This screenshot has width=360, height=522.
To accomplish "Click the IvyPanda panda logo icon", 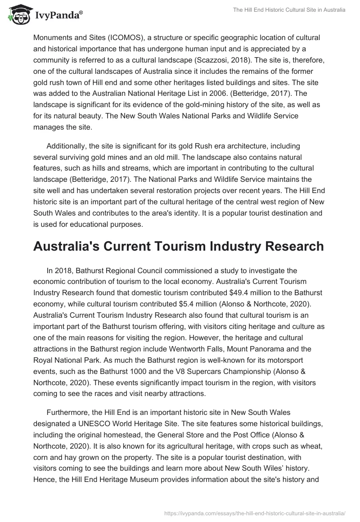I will click(x=17, y=14).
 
